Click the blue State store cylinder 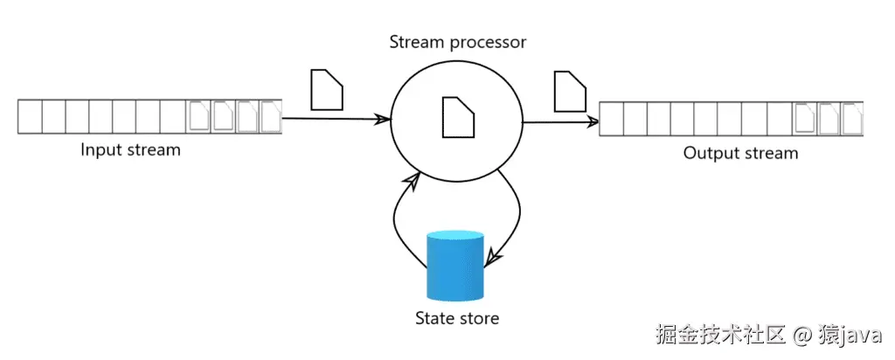(454, 266)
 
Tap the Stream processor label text (457, 41)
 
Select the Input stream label (130, 149)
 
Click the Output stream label (740, 154)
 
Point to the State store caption (456, 317)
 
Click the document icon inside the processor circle (457, 117)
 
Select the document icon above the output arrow (570, 91)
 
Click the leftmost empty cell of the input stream (30, 116)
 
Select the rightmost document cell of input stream (271, 116)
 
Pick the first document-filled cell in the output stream (804, 119)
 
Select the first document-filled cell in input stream (200, 116)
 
